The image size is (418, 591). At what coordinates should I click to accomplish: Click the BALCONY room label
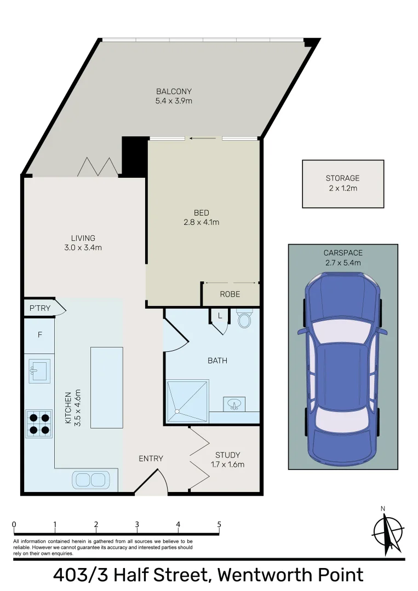[174, 91]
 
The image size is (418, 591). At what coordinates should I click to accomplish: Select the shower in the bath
[187, 401]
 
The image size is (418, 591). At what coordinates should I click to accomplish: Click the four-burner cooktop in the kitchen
[39, 423]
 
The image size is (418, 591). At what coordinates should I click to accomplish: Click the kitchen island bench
[106, 387]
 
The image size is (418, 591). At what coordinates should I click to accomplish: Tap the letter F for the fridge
[39, 335]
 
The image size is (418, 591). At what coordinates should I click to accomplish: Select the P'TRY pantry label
[40, 309]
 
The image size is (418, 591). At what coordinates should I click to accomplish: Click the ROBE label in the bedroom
[230, 294]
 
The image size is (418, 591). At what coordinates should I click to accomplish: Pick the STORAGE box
[343, 184]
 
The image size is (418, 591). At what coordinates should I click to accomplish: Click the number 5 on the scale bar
[219, 524]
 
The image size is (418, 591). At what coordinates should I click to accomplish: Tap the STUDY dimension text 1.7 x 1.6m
[228, 465]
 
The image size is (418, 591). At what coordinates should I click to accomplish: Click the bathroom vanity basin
[234, 405]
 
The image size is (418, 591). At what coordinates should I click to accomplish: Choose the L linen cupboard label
[220, 316]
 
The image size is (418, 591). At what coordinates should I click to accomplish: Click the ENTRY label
[151, 459]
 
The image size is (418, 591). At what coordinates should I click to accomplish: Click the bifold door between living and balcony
[98, 167]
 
